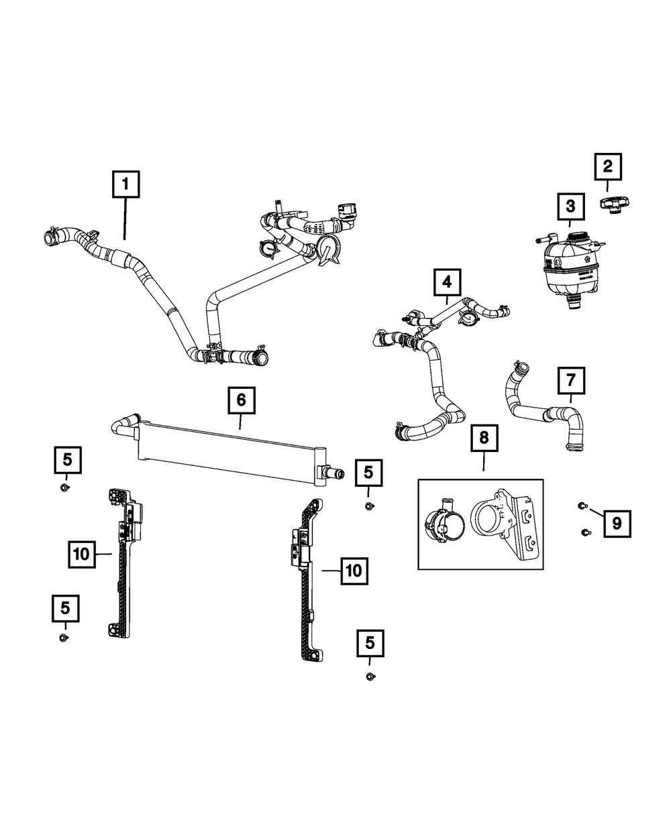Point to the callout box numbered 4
447,282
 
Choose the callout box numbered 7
570,381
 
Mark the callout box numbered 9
617,523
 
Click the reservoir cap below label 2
615,205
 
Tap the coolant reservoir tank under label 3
570,272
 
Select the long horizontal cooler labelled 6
228,450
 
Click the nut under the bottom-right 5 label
370,677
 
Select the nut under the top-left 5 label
66,486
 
